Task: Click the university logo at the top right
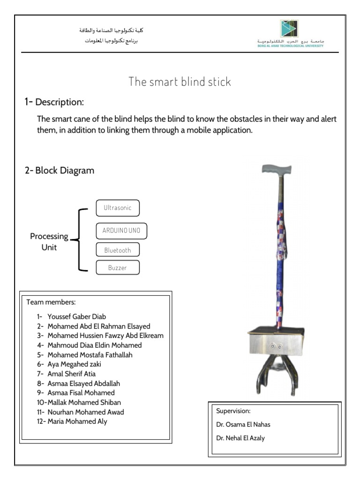[289, 29]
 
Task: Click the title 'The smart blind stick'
[180, 82]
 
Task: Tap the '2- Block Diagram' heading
[60, 171]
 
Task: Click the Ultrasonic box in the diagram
[118, 208]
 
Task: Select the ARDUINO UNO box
[121, 231]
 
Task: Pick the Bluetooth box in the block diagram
[118, 250]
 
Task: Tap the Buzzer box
[118, 268]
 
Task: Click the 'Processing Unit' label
[49, 242]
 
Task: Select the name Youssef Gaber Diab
[80, 316]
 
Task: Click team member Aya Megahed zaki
[74, 364]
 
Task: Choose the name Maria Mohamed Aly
[77, 421]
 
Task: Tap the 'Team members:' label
[51, 301]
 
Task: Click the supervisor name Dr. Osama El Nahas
[243, 425]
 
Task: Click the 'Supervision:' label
[233, 411]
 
